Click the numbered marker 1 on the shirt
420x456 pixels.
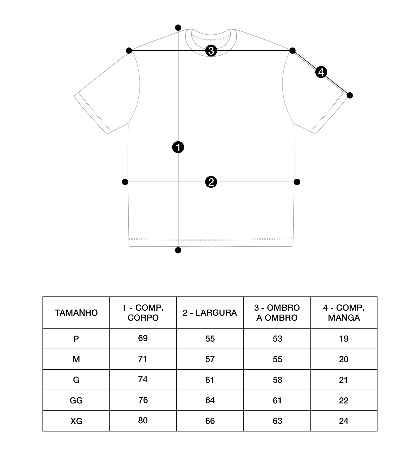pyautogui.click(x=178, y=147)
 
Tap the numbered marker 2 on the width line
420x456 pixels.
pyautogui.click(x=211, y=182)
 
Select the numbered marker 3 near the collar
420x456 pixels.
pyautogui.click(x=211, y=51)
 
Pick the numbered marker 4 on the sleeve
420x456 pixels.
pyautogui.click(x=321, y=72)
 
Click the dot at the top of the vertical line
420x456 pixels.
pyautogui.click(x=178, y=27)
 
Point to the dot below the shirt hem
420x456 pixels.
pyautogui.click(x=178, y=250)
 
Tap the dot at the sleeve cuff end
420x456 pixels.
pyautogui.click(x=350, y=95)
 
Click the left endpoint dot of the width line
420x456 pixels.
pyautogui.click(x=125, y=182)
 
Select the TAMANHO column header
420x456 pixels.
pyautogui.click(x=76, y=313)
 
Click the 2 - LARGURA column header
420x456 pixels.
pyautogui.click(x=210, y=313)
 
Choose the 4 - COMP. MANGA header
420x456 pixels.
pyautogui.click(x=344, y=313)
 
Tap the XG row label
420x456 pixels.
pyautogui.click(x=76, y=421)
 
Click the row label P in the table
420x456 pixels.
pyautogui.click(x=76, y=339)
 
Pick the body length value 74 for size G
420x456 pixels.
pyautogui.click(x=143, y=379)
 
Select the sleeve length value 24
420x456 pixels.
pyautogui.click(x=344, y=421)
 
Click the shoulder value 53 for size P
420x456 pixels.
pyautogui.click(x=277, y=339)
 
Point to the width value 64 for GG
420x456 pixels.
pyautogui.click(x=210, y=400)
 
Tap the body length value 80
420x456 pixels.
pyautogui.click(x=143, y=420)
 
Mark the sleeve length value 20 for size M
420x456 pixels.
pyautogui.click(x=344, y=359)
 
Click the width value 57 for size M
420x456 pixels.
pyautogui.click(x=210, y=359)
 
